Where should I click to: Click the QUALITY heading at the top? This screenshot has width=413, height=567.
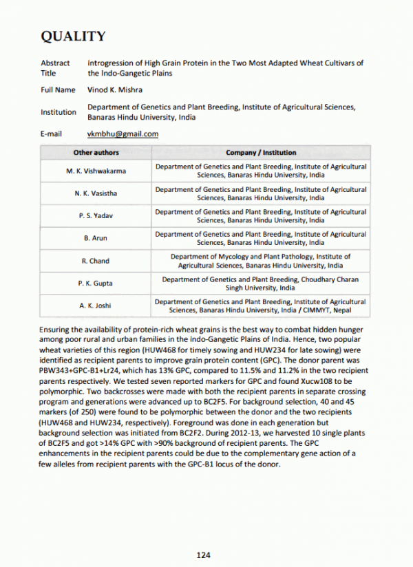pos(73,36)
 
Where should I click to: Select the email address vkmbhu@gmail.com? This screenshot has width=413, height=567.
pos(123,133)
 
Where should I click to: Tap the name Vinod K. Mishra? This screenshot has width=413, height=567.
pos(115,89)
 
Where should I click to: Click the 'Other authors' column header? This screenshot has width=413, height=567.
pos(96,152)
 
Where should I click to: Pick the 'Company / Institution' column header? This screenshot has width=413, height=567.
pos(261,152)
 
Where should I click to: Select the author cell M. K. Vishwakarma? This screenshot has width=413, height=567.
pos(96,171)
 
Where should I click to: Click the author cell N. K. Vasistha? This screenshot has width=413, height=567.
pos(96,193)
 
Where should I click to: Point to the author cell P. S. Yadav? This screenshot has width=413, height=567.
pos(96,216)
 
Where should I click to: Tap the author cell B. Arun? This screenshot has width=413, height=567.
pos(96,238)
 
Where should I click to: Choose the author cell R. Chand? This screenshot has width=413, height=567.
pos(96,261)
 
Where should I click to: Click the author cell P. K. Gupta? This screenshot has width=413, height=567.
pos(96,283)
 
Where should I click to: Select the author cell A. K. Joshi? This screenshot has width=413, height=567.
pos(96,306)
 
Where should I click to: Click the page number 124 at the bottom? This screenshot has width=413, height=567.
pos(203,555)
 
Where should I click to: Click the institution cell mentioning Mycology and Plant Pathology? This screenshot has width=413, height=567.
pos(261,261)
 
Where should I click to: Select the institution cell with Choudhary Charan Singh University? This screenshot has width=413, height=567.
pos(261,283)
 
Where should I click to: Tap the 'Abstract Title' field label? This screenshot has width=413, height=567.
pos(55,67)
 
